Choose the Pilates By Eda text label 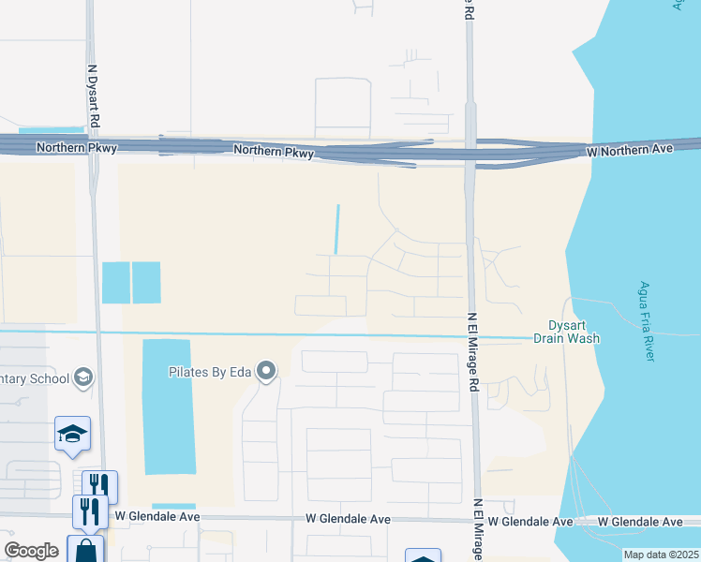coord(209,372)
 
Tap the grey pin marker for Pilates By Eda coord(267,372)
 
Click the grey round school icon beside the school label coord(83,377)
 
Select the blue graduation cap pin coord(72,434)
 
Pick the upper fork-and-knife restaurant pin coord(99,485)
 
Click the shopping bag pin coord(85,550)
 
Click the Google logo coord(32,551)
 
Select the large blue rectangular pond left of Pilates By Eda coord(169,406)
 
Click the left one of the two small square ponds coord(115,282)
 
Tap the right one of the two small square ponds coord(146,282)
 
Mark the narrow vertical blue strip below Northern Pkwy coord(337,229)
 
